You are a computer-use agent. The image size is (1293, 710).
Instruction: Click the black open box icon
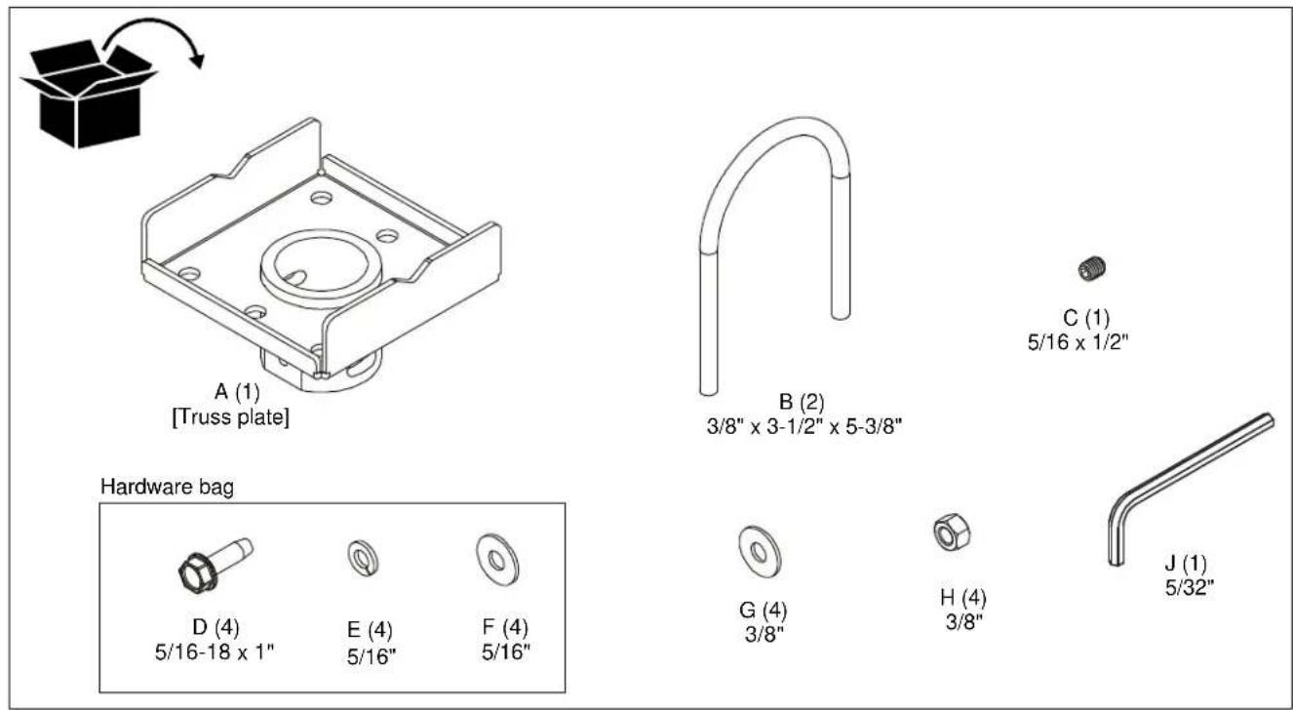(x=87, y=99)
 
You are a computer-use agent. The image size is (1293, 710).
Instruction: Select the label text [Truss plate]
(x=230, y=416)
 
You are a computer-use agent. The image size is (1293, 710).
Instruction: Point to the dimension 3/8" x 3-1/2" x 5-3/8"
(x=804, y=427)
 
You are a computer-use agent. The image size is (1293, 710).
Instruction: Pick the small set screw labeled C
(x=1091, y=269)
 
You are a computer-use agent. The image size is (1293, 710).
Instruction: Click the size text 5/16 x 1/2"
(x=1077, y=342)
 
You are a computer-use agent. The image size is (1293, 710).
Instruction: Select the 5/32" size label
(x=1190, y=588)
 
